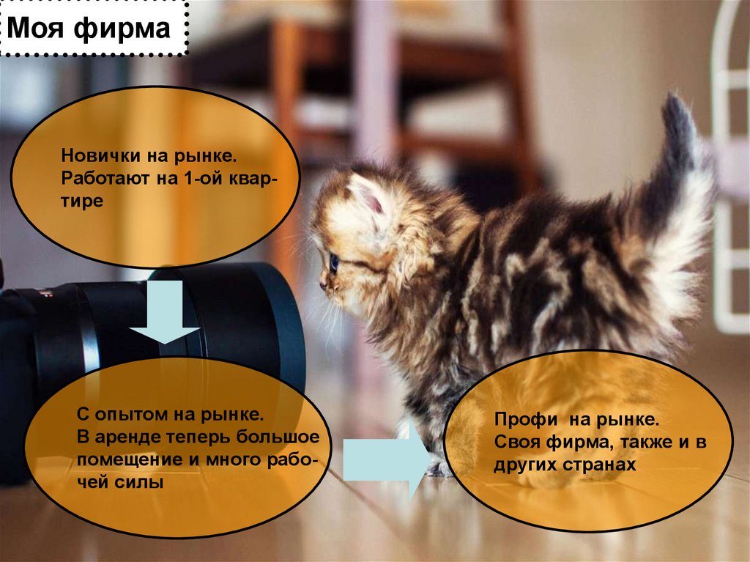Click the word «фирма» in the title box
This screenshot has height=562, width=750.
click(x=122, y=29)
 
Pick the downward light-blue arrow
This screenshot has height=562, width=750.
click(x=165, y=311)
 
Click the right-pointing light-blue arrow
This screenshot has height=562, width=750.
click(x=388, y=459)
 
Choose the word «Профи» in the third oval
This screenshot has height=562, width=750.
click(x=526, y=420)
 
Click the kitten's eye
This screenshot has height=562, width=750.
click(x=334, y=262)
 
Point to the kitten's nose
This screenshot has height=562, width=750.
click(x=323, y=286)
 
